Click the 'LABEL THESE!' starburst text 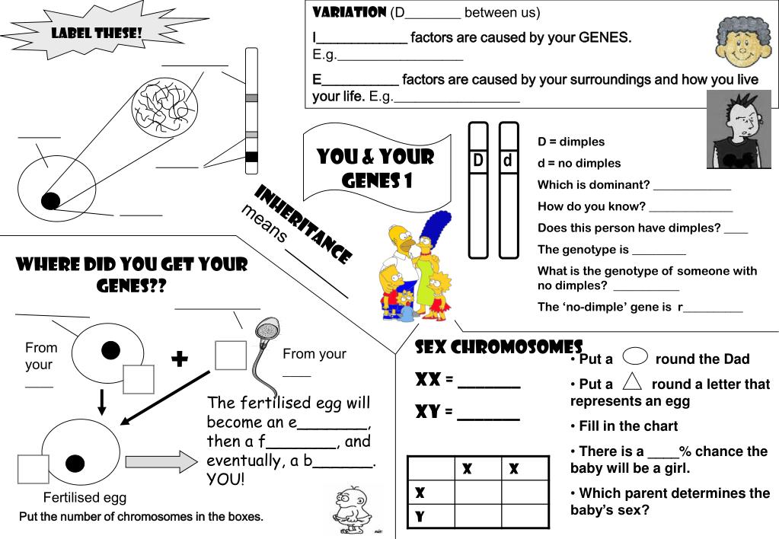[97, 33]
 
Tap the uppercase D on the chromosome [478, 161]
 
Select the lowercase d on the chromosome [508, 161]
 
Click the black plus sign [180, 359]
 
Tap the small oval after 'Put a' [635, 357]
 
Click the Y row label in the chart [419, 517]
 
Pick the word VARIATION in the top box [350, 12]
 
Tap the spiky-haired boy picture [738, 129]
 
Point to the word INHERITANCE [302, 225]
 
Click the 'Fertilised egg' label [85, 498]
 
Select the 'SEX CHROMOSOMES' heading [498, 348]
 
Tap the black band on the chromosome [251, 157]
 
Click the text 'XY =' [434, 413]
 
